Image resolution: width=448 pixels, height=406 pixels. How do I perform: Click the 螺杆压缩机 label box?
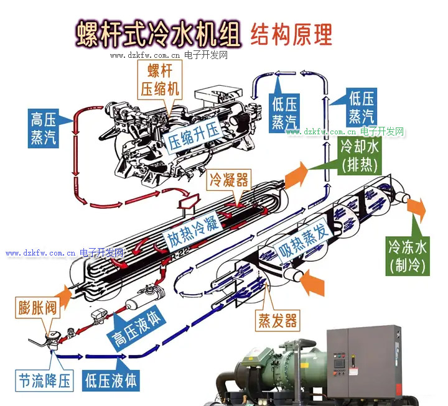(x=159, y=80)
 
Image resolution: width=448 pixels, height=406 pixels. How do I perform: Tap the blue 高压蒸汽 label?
(x=44, y=128)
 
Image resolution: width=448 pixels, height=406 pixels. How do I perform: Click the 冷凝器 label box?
(x=228, y=180)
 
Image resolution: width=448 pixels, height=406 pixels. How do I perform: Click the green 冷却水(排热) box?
(x=360, y=156)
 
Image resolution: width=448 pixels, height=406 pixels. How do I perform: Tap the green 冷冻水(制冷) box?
(x=408, y=256)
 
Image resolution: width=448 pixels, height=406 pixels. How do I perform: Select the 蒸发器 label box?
(x=278, y=320)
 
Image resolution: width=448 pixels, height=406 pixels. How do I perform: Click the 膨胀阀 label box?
(x=37, y=308)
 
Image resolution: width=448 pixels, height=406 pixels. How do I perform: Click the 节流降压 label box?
(x=44, y=381)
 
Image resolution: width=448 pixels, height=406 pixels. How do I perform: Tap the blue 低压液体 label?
(x=111, y=381)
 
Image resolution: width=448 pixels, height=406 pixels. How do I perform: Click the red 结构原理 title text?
(x=291, y=35)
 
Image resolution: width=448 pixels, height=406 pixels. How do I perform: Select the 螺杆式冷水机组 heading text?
(x=158, y=34)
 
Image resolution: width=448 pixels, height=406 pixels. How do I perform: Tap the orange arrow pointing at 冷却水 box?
(x=296, y=175)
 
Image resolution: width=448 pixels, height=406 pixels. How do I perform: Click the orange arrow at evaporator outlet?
(x=416, y=206)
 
